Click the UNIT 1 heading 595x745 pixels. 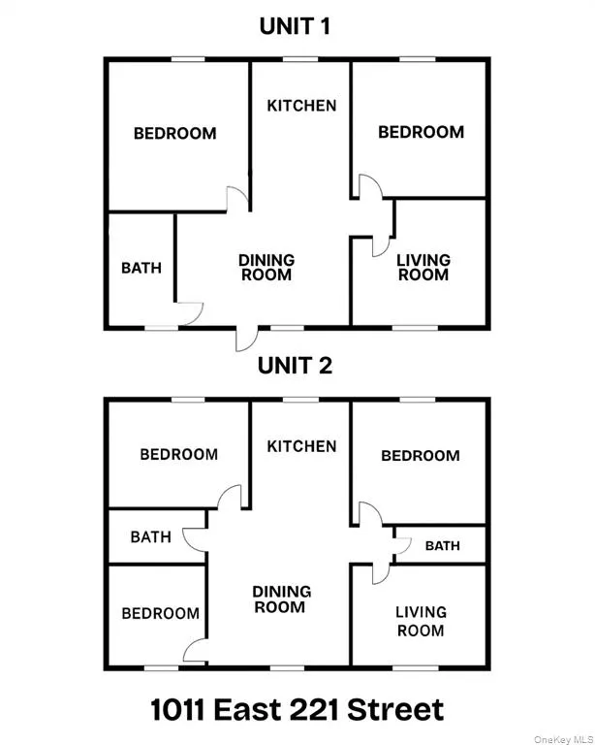[296, 26]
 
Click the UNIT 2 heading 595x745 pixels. [296, 366]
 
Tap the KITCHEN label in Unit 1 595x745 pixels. [301, 106]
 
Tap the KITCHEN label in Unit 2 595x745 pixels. [301, 446]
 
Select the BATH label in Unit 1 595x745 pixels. [141, 268]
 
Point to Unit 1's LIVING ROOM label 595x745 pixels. [423, 267]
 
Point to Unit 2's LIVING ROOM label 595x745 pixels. [421, 621]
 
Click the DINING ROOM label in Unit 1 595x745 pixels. [266, 267]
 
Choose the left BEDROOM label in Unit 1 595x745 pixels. [174, 133]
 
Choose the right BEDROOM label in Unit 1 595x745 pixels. [421, 132]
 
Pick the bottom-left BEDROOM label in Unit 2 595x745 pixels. [160, 613]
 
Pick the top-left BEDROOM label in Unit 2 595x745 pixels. [178, 454]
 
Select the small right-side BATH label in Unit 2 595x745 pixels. [442, 546]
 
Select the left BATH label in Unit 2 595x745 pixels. [150, 536]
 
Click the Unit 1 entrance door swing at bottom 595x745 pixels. [246, 339]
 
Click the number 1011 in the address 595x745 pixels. [187, 709]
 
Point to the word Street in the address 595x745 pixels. [398, 709]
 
